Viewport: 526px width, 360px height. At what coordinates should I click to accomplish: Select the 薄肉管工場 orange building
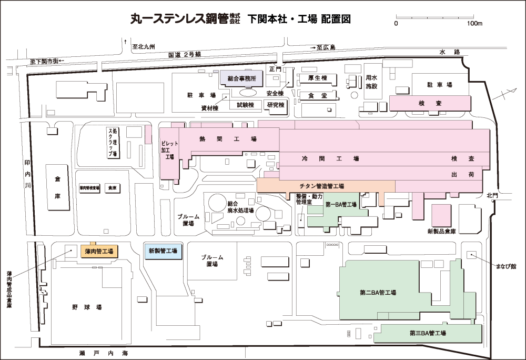[99, 251]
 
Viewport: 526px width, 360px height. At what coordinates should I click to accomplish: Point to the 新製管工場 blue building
[163, 251]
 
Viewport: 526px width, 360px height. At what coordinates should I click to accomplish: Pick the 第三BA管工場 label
[428, 333]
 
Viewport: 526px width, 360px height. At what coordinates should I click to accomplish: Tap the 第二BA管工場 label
[378, 293]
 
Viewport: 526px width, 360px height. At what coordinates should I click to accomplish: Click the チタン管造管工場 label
[321, 186]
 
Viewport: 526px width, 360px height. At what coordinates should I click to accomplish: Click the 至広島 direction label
[326, 47]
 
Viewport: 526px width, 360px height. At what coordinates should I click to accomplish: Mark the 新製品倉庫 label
[441, 231]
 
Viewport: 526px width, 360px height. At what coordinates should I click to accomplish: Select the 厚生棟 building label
[318, 78]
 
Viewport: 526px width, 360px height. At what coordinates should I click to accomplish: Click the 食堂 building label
[318, 96]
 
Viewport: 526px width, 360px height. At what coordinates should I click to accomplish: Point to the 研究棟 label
[276, 105]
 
